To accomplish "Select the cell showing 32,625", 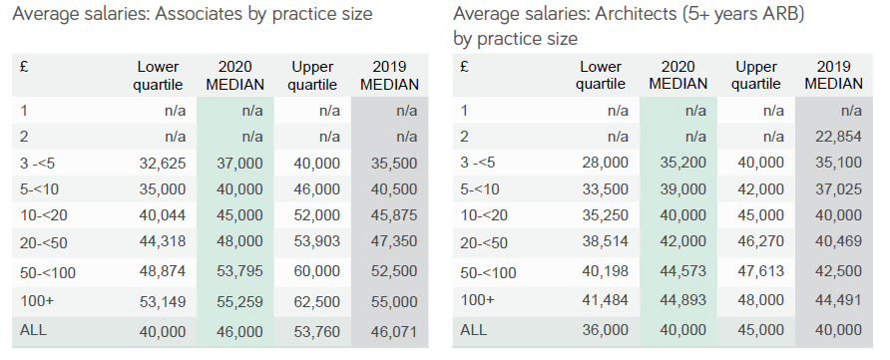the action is (x=163, y=164).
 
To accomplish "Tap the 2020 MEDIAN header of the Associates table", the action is (x=235, y=76).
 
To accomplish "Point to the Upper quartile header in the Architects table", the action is (x=756, y=76).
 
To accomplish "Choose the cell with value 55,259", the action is (x=239, y=301).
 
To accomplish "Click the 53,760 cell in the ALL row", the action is (x=316, y=331).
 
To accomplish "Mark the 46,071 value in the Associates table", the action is (x=394, y=331).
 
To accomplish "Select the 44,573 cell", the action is (x=683, y=271).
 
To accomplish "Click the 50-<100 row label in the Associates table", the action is (x=48, y=272).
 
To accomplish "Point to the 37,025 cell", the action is (x=838, y=189).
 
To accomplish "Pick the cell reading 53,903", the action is (x=316, y=241).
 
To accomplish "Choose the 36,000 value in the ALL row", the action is (x=605, y=330).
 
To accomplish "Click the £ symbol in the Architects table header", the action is (x=464, y=68).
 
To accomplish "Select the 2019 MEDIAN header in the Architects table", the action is (x=834, y=76).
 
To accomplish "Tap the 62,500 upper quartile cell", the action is (x=316, y=301).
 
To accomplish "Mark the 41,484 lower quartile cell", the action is (x=605, y=300).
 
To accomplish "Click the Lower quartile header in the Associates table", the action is (x=158, y=76).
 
